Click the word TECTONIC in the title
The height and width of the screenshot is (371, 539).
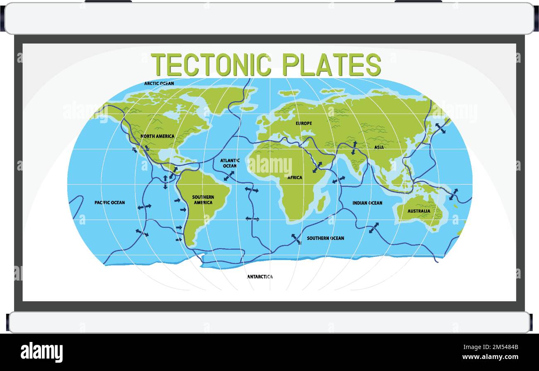pyautogui.click(x=211, y=65)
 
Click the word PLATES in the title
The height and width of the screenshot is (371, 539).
pyautogui.click(x=331, y=65)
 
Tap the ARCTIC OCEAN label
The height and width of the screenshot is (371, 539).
pyautogui.click(x=159, y=83)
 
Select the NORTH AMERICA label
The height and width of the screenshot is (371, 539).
pyautogui.click(x=157, y=136)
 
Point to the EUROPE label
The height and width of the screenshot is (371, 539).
pyautogui.click(x=303, y=123)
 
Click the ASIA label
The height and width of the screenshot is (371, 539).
pyautogui.click(x=379, y=147)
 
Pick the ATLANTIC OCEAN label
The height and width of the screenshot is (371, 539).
pyautogui.click(x=230, y=163)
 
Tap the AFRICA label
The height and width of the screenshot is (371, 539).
pyautogui.click(x=295, y=178)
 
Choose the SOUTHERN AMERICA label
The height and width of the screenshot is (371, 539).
pyautogui.click(x=203, y=200)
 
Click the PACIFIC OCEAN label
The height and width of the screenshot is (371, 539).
pyautogui.click(x=109, y=203)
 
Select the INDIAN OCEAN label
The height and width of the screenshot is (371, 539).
pyautogui.click(x=367, y=203)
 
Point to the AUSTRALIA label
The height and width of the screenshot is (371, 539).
pyautogui.click(x=419, y=211)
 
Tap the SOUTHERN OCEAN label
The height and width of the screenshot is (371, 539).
pyautogui.click(x=325, y=238)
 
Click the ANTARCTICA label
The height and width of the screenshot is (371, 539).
pyautogui.click(x=260, y=277)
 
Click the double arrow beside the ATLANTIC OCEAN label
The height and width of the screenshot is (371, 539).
pyautogui.click(x=228, y=176)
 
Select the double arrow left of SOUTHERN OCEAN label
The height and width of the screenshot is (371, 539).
pyautogui.click(x=296, y=239)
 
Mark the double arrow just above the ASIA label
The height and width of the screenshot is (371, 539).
pyautogui.click(x=354, y=148)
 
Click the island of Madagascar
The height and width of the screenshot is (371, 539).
pyautogui.click(x=321, y=203)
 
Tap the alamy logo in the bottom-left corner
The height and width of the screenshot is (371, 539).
pyautogui.click(x=41, y=352)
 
